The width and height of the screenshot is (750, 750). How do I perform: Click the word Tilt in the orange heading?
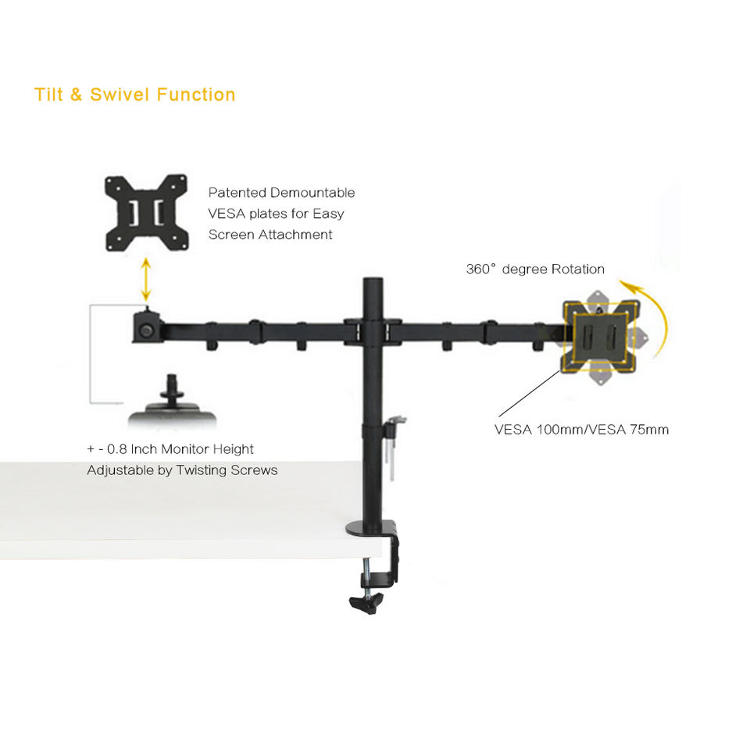click(48, 95)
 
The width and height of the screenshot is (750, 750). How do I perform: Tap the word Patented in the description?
click(237, 193)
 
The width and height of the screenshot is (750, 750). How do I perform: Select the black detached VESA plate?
click(147, 212)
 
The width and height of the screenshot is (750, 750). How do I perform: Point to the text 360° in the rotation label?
click(481, 270)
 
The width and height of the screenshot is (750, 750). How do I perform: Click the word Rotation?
click(578, 270)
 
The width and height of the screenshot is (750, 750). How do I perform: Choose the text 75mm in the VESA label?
click(648, 430)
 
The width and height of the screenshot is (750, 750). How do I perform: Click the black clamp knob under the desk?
click(366, 602)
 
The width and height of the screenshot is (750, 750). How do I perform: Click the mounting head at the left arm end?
click(147, 327)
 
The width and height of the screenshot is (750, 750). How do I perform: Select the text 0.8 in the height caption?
click(118, 449)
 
